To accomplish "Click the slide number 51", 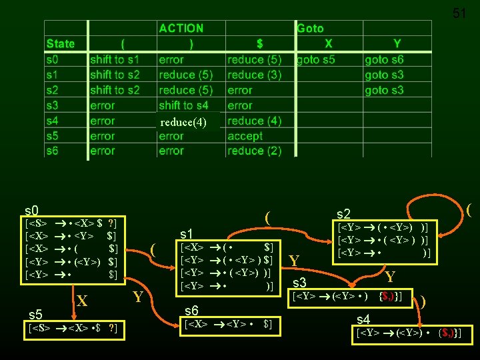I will click(460, 13).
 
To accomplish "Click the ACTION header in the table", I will click(181, 28).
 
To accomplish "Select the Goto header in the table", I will click(310, 28).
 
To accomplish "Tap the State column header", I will click(61, 43).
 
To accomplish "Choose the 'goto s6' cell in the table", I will click(384, 59).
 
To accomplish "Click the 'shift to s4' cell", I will click(183, 105).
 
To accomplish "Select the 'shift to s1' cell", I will click(115, 59).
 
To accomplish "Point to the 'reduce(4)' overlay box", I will click(183, 122).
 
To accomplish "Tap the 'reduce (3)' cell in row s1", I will click(254, 75).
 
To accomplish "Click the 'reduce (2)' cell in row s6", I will click(254, 151).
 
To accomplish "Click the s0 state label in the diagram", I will click(31, 210).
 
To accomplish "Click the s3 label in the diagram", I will click(299, 283).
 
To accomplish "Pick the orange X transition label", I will click(81, 301).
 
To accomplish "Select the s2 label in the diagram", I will click(343, 214).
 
